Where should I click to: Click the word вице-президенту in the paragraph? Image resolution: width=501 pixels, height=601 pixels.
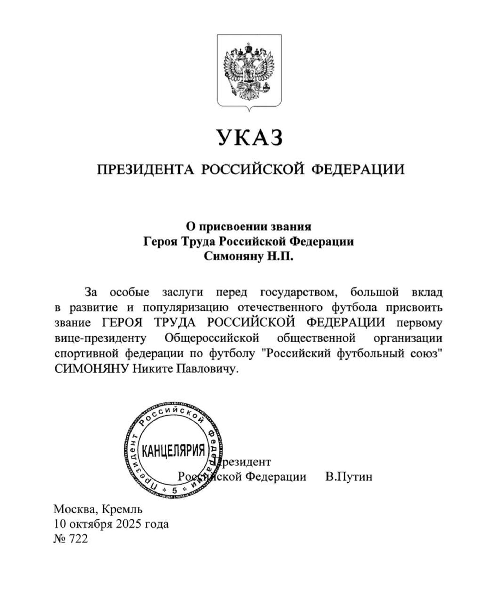click(100, 338)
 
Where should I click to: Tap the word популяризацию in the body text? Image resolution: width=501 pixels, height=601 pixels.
click(186, 308)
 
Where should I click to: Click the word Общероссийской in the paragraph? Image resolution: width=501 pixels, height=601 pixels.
click(212, 338)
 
